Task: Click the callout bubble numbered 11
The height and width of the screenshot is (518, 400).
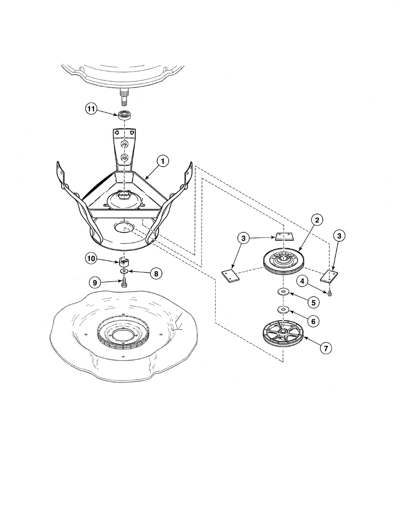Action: click(91, 109)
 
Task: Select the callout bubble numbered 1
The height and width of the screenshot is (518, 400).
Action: click(162, 161)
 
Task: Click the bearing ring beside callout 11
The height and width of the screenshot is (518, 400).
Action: click(124, 115)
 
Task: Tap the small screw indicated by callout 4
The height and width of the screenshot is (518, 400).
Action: click(330, 293)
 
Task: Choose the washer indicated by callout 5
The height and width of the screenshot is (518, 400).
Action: click(283, 292)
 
